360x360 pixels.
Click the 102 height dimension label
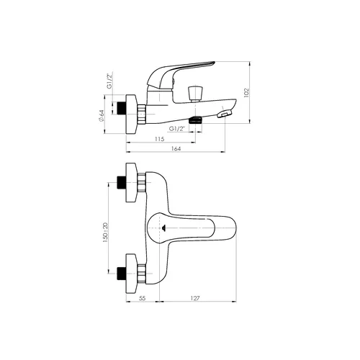click(x=246, y=93)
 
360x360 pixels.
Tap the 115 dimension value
click(x=160, y=139)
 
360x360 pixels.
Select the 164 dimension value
click(x=176, y=148)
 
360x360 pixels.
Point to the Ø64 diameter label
click(x=102, y=116)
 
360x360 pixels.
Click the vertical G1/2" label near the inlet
click(x=109, y=81)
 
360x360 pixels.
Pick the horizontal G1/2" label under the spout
click(x=177, y=129)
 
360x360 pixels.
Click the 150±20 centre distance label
click(x=105, y=233)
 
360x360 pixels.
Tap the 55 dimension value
click(x=143, y=298)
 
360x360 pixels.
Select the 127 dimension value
click(x=195, y=298)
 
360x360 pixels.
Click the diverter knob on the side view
click(x=194, y=94)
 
